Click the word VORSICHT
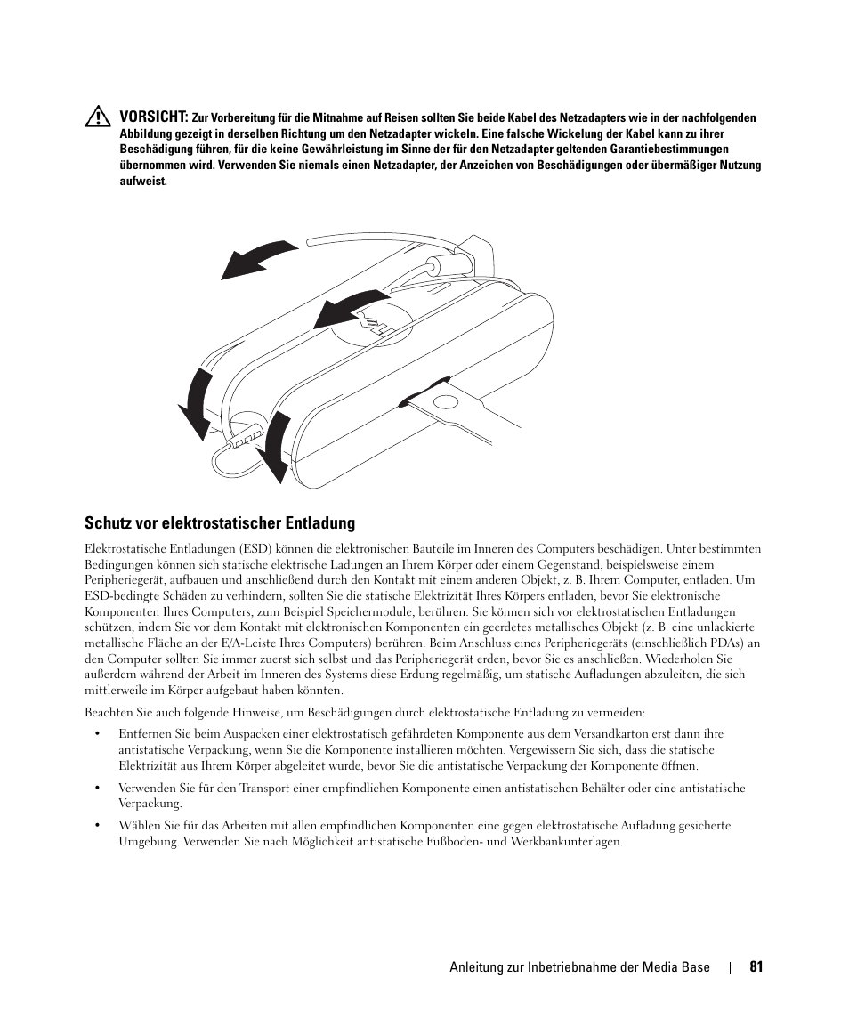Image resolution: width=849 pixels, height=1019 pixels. click(x=154, y=117)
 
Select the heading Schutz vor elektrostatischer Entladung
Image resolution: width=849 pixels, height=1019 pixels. click(x=219, y=522)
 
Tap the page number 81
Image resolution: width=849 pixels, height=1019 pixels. click(x=756, y=967)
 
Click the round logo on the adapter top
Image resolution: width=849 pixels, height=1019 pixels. click(x=373, y=326)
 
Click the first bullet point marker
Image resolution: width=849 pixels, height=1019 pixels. click(x=97, y=734)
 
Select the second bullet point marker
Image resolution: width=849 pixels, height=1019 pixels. click(x=97, y=788)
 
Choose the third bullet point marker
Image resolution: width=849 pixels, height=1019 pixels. click(x=97, y=825)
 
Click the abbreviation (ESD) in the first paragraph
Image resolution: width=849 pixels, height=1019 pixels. click(x=254, y=548)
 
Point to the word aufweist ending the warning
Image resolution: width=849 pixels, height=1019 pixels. click(x=143, y=182)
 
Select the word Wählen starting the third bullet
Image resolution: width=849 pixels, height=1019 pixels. click(x=139, y=825)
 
